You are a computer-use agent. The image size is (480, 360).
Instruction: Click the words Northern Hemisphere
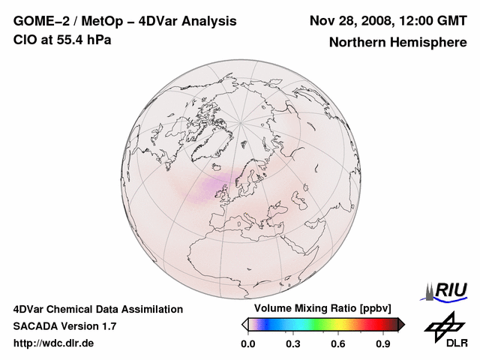397,42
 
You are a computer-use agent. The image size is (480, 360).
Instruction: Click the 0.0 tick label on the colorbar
247,344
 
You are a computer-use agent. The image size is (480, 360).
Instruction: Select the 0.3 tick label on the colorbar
293,344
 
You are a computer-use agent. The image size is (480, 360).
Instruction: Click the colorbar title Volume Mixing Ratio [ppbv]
319,308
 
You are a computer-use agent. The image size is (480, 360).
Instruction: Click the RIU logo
445,290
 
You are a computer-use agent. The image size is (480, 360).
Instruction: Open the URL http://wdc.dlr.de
54,343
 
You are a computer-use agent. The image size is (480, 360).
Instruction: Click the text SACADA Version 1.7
64,326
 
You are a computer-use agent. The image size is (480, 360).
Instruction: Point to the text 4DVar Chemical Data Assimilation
97,309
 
